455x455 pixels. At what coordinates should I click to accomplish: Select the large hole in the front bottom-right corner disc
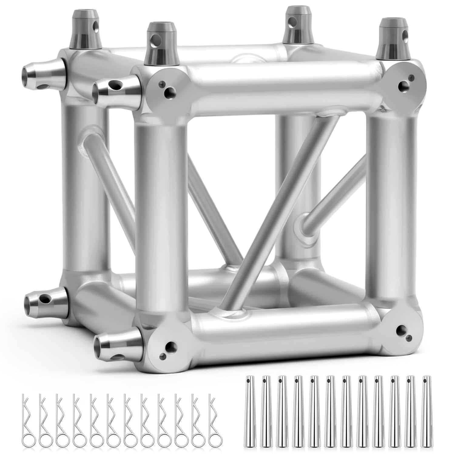pos(403,329)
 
